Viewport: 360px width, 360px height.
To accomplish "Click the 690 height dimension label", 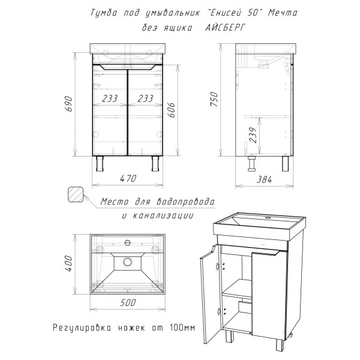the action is coord(70,104).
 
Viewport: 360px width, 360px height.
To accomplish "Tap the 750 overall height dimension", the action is coord(214,99).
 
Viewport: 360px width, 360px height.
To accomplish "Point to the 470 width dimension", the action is coord(128,178).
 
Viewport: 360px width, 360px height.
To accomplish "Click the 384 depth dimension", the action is coord(264,179).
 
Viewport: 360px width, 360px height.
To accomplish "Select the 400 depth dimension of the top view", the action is coord(69,263).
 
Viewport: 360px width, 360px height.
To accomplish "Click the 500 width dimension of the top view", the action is coord(128,302).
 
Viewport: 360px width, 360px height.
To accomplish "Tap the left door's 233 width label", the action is coord(110,99).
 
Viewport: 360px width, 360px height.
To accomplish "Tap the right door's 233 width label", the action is coord(145,99).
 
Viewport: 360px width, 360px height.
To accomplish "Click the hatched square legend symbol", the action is coord(76,194).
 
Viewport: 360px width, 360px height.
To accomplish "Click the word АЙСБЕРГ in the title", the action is coord(225,28).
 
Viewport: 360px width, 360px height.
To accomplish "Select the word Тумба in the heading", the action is coord(104,13).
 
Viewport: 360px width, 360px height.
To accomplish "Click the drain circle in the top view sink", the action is coord(127,262).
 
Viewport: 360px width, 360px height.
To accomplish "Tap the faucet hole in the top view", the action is coord(127,242).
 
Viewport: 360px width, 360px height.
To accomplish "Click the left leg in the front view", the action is coord(100,163).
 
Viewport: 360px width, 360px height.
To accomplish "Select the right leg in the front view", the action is coord(155,163).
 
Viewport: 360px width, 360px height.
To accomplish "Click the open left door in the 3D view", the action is coord(210,295).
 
